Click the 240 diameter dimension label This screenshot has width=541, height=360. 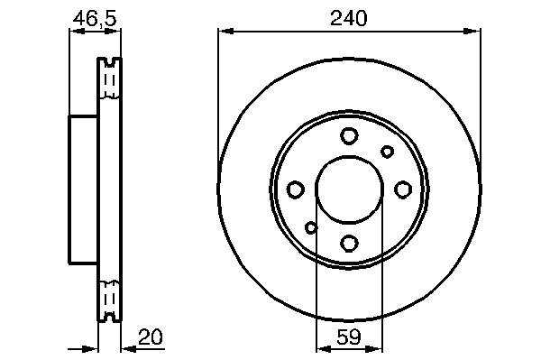click(348, 18)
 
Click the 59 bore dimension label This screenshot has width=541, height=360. click(349, 337)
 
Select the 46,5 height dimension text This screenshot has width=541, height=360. click(95, 18)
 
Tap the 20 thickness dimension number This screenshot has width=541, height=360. click(150, 337)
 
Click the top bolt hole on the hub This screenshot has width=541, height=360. click(349, 135)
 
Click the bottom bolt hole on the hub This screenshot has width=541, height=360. click(349, 243)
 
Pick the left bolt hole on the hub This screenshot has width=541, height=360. click(296, 189)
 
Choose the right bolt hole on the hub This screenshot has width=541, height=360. click(403, 189)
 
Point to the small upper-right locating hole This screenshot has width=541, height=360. click(387, 152)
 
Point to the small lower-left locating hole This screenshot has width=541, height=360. click(311, 227)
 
